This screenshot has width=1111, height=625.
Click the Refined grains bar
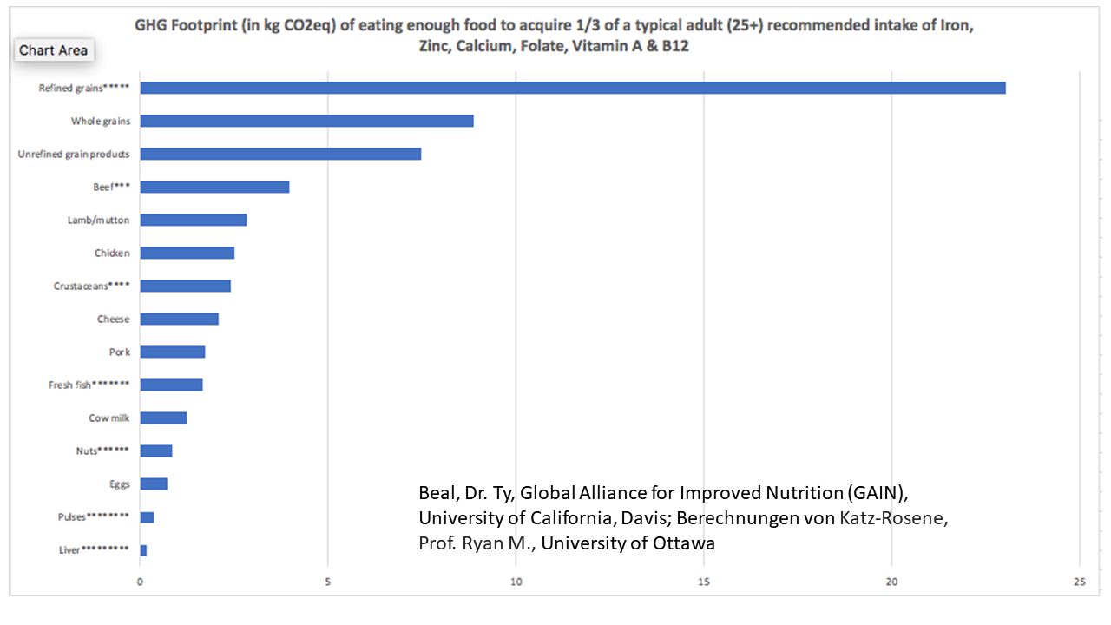pos(573,88)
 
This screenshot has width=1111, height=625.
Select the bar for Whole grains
pos(306,121)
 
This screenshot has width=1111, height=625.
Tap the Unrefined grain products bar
pos(280,154)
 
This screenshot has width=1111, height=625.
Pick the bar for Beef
pos(214,187)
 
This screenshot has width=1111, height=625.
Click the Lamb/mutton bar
pos(193,220)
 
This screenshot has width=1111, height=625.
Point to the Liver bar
pos(143,550)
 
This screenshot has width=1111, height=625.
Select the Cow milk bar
pos(163,418)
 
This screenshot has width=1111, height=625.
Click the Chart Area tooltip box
pos(53,50)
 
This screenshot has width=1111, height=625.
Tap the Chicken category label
pos(112,253)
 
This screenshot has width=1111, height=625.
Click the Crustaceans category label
pos(91,286)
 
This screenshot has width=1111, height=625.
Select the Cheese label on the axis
pos(113,319)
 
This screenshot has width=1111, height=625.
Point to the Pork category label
pos(119,352)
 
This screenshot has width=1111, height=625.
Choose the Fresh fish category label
pos(89,385)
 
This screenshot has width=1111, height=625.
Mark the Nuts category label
pos(102,451)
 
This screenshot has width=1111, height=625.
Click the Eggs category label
pos(118,484)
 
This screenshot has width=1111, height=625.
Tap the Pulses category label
pos(95,517)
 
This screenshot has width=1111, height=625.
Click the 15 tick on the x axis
pos(704,582)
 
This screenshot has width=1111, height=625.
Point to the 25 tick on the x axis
pos(1079,582)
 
